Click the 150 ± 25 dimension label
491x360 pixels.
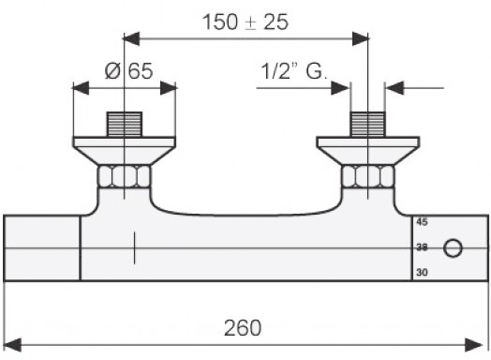click(x=245, y=22)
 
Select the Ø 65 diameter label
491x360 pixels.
click(x=128, y=71)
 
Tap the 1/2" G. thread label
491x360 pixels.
click(x=293, y=71)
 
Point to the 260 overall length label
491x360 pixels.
click(x=243, y=328)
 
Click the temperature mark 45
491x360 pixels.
click(x=422, y=222)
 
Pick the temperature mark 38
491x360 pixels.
click(x=422, y=247)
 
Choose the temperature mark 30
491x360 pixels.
click(x=422, y=272)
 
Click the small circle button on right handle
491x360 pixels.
click(x=453, y=248)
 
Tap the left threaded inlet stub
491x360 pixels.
click(x=125, y=125)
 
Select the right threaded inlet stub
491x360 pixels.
click(x=367, y=125)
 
